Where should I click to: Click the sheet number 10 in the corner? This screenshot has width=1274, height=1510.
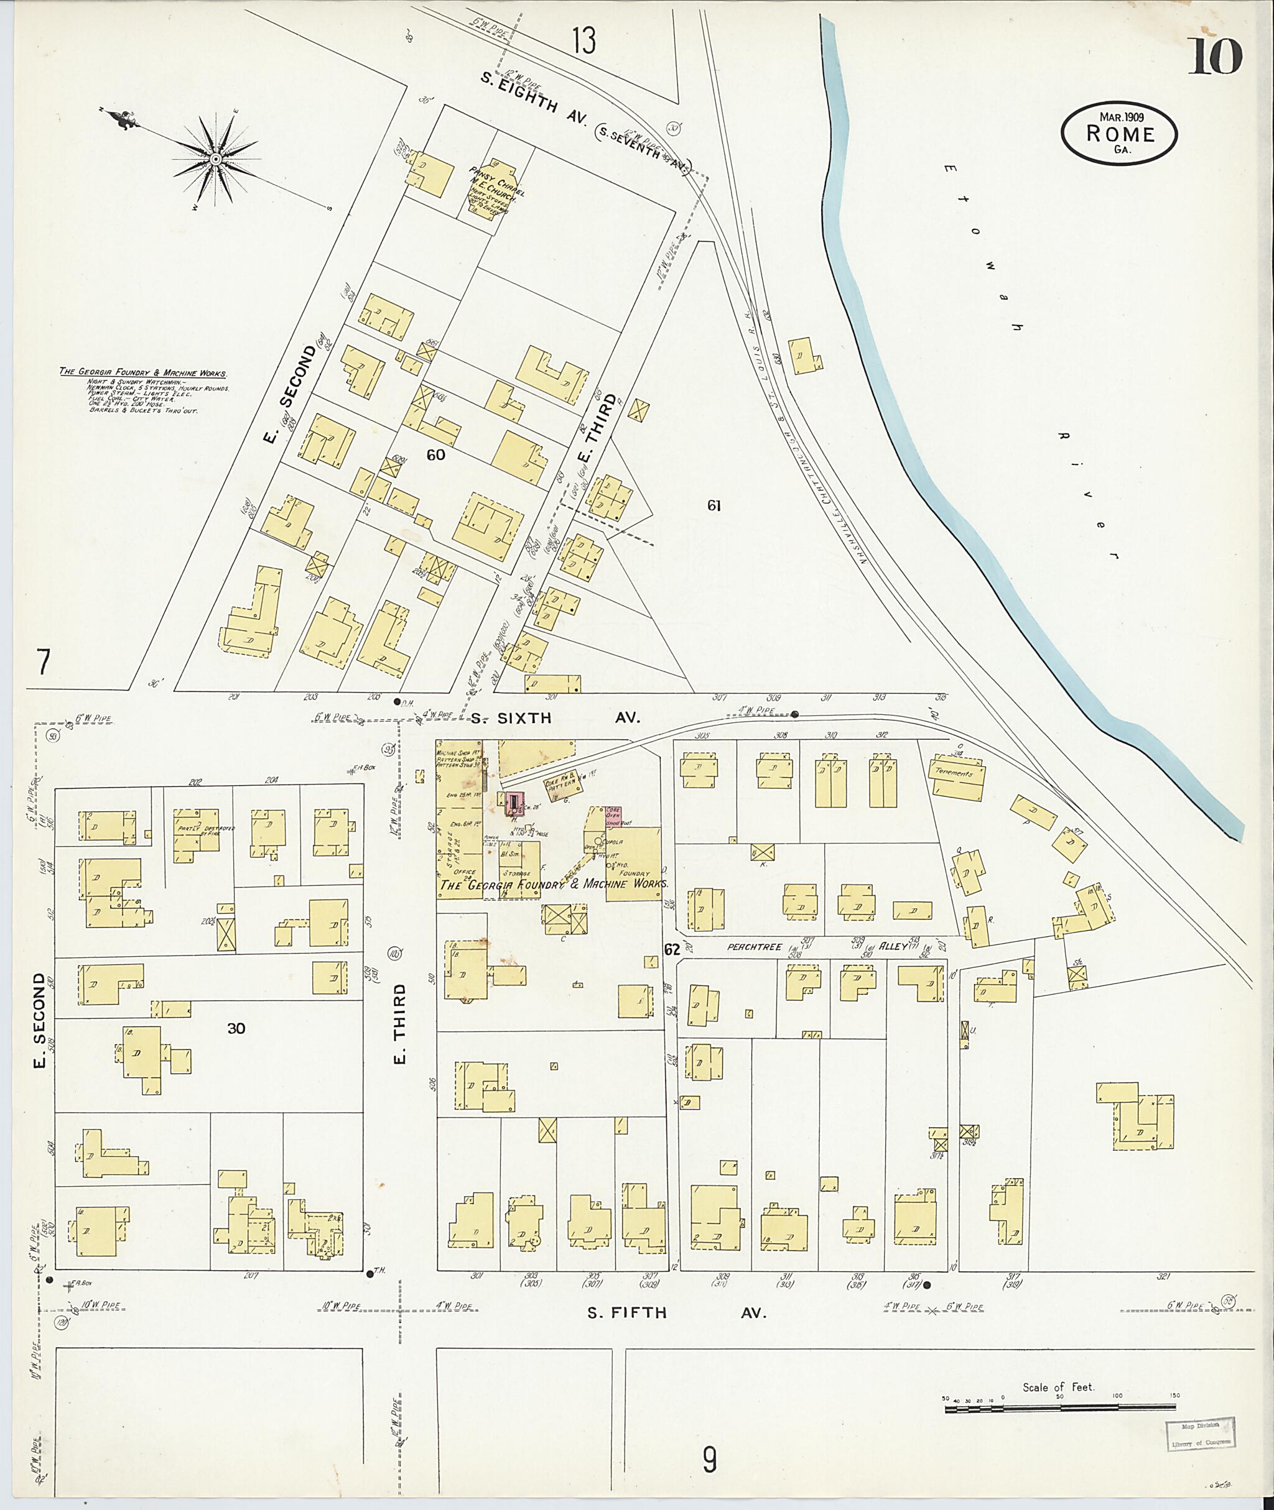click(1215, 57)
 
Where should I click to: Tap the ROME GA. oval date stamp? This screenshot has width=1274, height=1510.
click(1118, 134)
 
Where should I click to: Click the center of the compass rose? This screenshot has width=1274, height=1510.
click(216, 158)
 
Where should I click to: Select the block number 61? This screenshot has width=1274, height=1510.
click(714, 506)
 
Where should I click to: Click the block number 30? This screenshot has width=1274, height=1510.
click(236, 1029)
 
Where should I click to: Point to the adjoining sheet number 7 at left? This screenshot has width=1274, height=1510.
click(44, 662)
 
